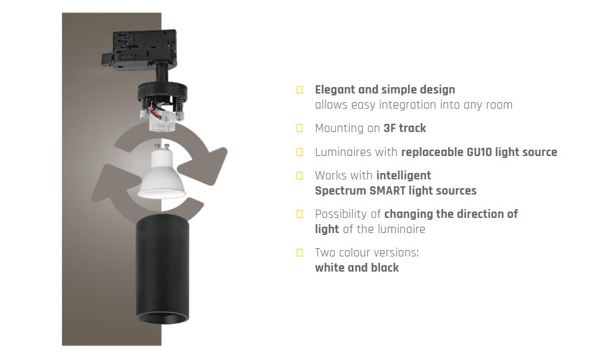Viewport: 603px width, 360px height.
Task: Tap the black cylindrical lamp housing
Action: tap(162, 268)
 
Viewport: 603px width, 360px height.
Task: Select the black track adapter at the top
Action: tap(140, 51)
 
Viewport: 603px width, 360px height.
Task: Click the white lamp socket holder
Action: tap(162, 120)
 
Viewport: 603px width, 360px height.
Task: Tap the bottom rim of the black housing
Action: tap(162, 318)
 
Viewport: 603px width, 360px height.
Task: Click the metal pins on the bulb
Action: tap(162, 147)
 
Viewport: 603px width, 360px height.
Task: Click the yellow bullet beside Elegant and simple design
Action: tap(300, 90)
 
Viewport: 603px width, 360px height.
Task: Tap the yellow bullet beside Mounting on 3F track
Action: tap(300, 128)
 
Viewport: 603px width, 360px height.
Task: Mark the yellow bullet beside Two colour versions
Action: tap(300, 253)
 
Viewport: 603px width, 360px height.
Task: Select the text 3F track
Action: tap(405, 128)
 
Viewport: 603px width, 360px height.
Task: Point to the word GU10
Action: tap(478, 152)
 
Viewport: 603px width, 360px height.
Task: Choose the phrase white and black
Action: tap(357, 267)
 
